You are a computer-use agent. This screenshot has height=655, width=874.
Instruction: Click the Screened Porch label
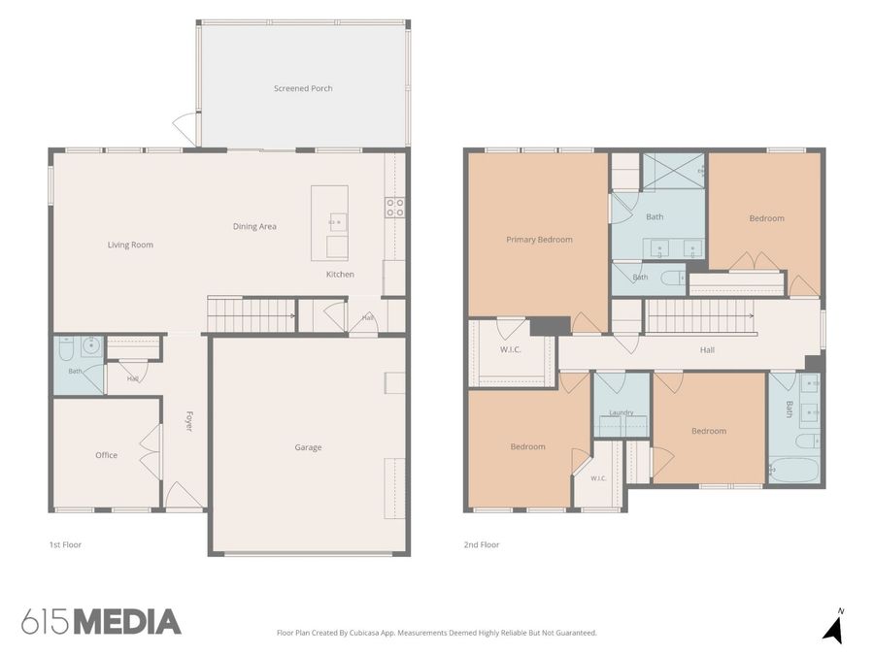303,88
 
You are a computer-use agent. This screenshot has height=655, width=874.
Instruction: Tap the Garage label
308,447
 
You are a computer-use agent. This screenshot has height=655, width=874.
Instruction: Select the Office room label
106,455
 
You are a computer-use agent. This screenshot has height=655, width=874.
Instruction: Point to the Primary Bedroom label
539,240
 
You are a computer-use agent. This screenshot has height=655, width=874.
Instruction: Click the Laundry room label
621,412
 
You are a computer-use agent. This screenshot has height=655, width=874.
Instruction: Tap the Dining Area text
254,226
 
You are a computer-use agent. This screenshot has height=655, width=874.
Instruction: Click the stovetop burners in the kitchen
394,208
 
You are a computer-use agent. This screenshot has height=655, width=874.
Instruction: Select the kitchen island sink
337,221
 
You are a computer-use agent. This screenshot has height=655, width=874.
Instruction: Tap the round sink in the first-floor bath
91,346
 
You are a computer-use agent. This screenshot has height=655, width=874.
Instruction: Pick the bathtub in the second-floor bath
793,470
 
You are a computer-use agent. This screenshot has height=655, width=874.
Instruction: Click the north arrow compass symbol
833,628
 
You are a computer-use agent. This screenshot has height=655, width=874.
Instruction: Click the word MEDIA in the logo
127,622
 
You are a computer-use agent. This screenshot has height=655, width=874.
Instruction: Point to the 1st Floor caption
65,544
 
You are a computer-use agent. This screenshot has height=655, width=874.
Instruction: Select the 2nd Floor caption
482,544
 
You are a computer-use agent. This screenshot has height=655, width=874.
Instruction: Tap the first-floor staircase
252,315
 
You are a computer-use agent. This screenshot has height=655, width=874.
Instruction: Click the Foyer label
188,421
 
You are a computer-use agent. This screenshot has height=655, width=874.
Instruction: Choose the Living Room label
130,245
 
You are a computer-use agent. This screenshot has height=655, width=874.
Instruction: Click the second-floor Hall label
707,349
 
